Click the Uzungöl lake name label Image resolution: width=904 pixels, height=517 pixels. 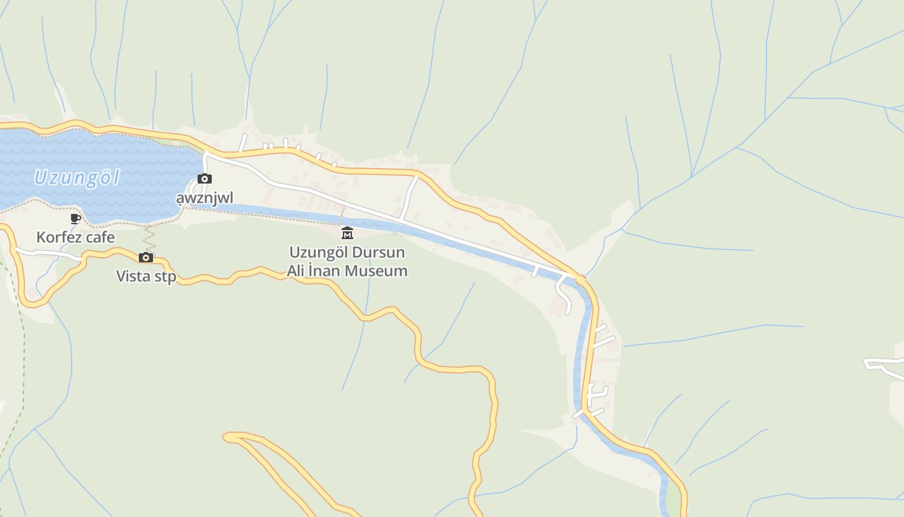pos(77,177)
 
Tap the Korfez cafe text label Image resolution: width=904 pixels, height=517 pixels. pos(76,237)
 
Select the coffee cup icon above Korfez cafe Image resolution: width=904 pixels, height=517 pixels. pos(76,218)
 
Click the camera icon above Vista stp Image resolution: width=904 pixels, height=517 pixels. pos(146,257)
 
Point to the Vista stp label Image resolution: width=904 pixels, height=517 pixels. pos(146,277)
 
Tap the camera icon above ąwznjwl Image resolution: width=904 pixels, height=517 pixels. pos(205,178)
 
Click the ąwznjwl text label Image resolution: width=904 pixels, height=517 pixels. pos(205,198)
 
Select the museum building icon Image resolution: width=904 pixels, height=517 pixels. pos(347,233)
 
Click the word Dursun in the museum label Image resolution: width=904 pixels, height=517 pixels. pos(383,252)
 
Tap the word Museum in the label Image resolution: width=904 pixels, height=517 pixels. pos(377,271)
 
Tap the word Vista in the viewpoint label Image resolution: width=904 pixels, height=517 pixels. pos(132,277)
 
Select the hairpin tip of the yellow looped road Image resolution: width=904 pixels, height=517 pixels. pos(227,438)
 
